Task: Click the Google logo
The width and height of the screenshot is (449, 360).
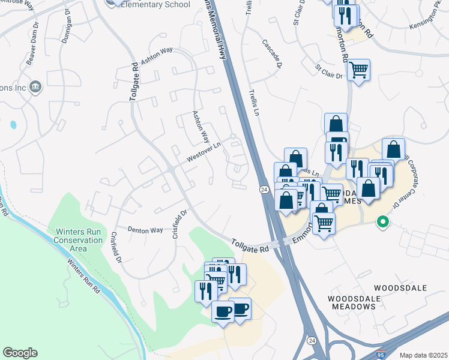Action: point(20,353)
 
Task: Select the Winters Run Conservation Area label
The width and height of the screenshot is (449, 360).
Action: point(79,240)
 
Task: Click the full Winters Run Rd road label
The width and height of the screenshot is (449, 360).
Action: point(83,277)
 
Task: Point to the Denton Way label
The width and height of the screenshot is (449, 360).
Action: point(145,230)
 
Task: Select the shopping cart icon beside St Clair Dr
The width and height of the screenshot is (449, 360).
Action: point(358,70)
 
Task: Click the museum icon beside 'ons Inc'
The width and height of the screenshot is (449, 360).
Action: point(35,87)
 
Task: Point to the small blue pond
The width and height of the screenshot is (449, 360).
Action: point(13,125)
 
